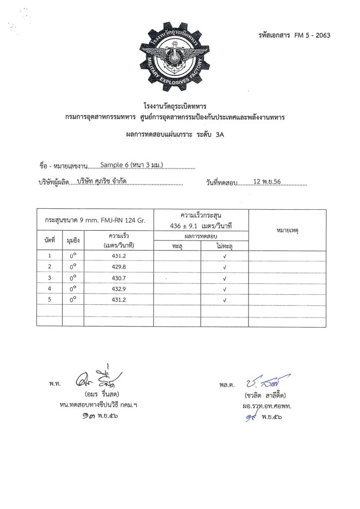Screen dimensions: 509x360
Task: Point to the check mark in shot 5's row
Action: tap(225, 300)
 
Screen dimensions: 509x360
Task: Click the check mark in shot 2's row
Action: tap(225, 267)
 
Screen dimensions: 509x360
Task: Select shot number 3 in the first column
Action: tap(49, 277)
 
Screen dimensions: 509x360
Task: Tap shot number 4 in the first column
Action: tap(49, 289)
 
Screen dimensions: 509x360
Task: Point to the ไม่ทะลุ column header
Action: tap(225, 246)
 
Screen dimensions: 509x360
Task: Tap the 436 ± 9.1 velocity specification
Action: tap(201, 226)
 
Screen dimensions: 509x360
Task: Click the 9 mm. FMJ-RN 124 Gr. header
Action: tap(95, 220)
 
